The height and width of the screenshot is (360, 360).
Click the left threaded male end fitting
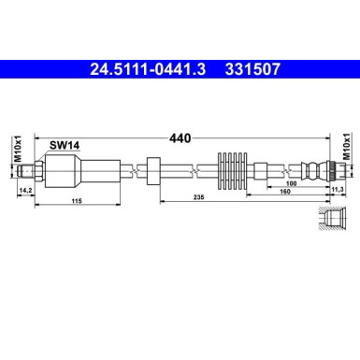click(34, 169)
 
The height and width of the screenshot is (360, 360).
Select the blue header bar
click(180, 68)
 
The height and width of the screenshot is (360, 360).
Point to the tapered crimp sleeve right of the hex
click(98, 170)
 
